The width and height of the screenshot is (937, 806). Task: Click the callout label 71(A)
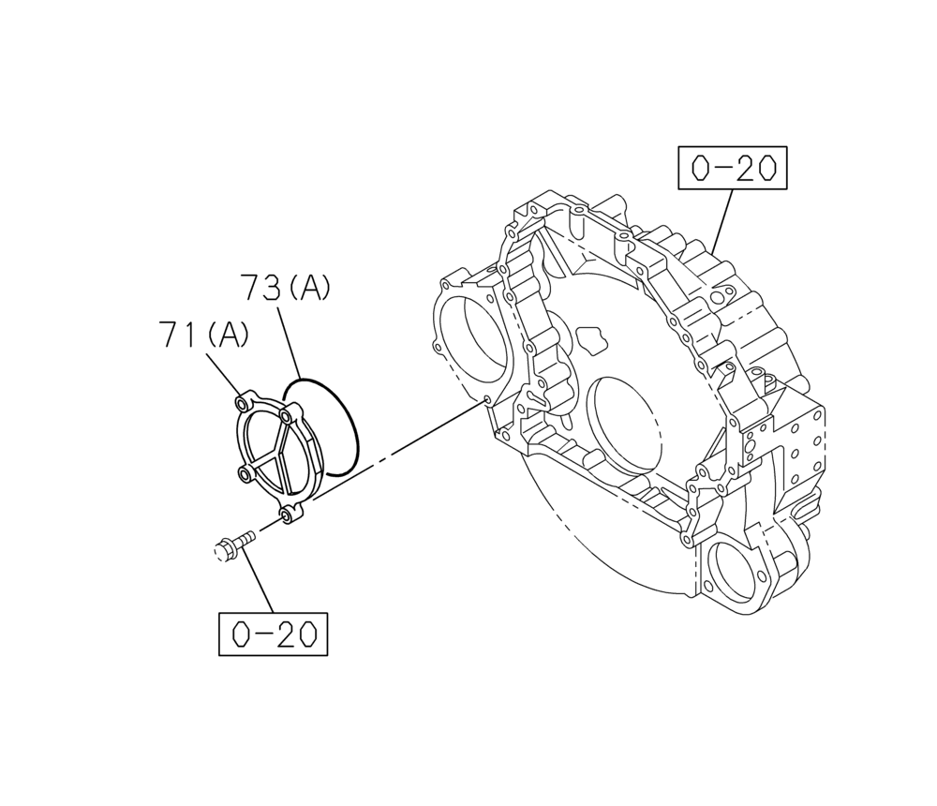tap(204, 335)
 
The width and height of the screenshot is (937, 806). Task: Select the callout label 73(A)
tap(285, 288)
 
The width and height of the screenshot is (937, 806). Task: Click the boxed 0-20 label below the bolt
tap(274, 634)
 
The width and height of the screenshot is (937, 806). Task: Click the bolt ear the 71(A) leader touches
tap(244, 404)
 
